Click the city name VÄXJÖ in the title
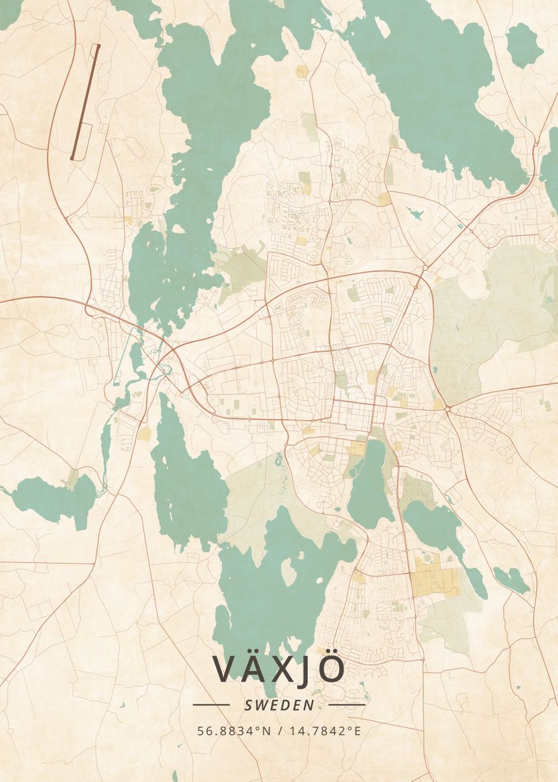point(279,669)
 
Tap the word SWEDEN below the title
point(279,705)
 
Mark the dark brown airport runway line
point(85,102)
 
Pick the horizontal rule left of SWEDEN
point(211,704)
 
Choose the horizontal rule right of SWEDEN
point(347,704)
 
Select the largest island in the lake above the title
point(288,572)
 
